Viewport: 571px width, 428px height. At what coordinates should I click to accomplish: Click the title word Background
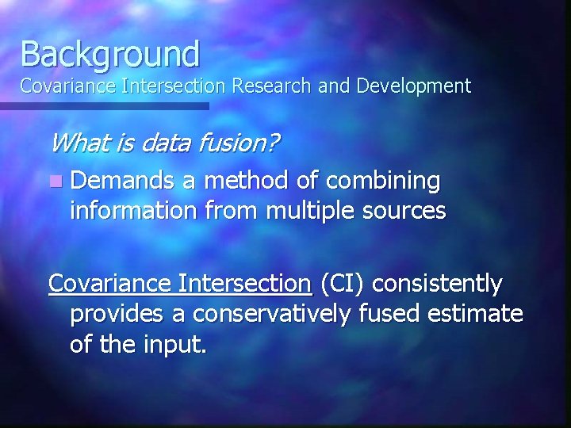[x=110, y=54]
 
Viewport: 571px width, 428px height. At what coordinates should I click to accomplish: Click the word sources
[x=406, y=212]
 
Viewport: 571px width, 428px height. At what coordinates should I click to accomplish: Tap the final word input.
[x=178, y=346]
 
